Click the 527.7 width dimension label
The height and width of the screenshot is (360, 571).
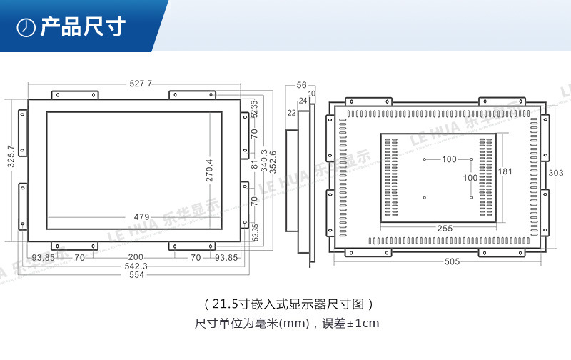[141, 84]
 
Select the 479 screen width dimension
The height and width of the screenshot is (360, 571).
[141, 217]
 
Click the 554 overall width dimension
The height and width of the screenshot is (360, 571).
[137, 276]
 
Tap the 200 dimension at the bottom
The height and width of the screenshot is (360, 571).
[136, 257]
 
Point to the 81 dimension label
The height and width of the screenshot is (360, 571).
[254, 164]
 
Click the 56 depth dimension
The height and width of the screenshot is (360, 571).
[301, 84]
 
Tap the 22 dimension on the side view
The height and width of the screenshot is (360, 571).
[292, 113]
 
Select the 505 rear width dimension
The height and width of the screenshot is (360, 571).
[451, 261]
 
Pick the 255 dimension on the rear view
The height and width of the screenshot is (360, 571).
[444, 229]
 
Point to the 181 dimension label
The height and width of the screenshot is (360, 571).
[505, 171]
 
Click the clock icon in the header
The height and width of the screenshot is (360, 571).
[26, 27]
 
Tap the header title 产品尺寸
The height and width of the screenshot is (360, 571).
[83, 27]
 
